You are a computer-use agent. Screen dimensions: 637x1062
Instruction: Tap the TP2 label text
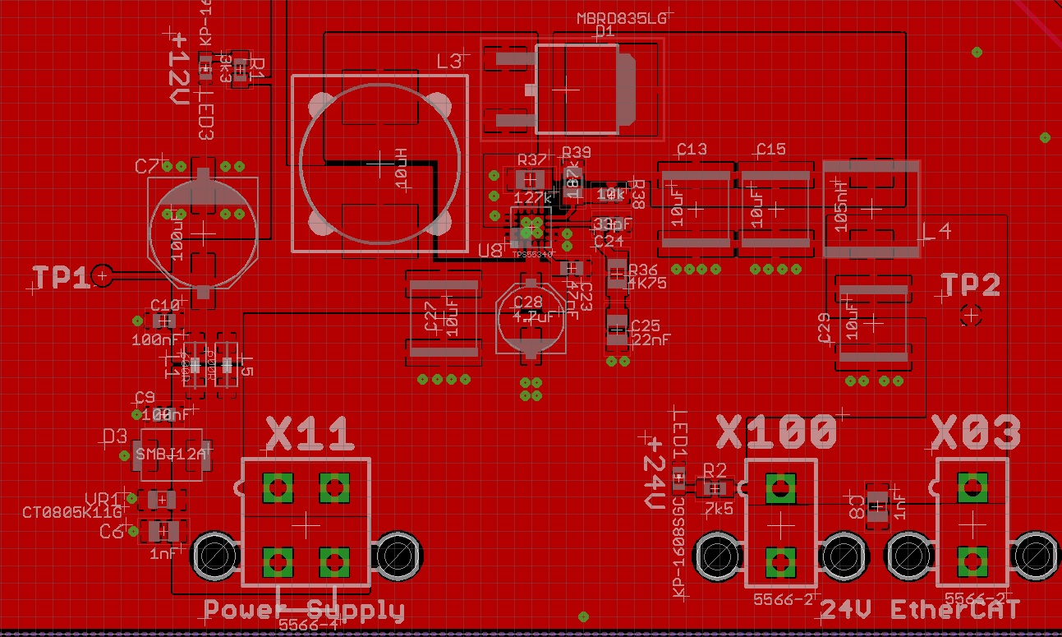[x=970, y=285]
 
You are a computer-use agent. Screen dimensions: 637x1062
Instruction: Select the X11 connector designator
[x=310, y=433]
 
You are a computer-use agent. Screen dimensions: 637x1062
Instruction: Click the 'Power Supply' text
[x=304, y=611]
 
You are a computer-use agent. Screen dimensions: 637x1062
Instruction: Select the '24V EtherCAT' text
[x=920, y=609]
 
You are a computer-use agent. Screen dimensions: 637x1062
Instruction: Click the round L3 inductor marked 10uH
[x=379, y=164]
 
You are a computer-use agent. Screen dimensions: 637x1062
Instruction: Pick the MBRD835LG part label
[x=621, y=19]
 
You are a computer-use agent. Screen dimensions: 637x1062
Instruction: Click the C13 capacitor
[x=694, y=206]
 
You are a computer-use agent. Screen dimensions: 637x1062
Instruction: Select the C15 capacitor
[x=773, y=206]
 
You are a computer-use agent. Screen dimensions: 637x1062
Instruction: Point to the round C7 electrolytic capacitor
[x=202, y=233]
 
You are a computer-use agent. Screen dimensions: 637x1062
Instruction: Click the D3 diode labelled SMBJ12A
[x=172, y=454]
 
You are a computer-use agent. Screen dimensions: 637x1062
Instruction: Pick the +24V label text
[x=654, y=473]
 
